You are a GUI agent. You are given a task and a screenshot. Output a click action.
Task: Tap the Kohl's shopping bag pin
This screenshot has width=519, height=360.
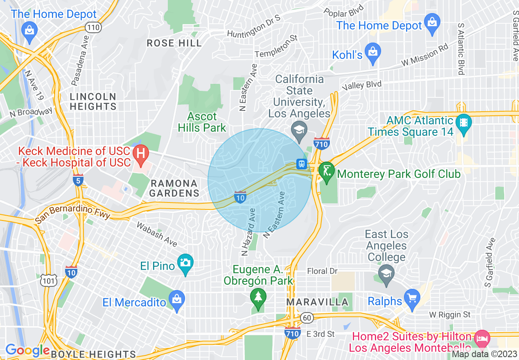point(372,53)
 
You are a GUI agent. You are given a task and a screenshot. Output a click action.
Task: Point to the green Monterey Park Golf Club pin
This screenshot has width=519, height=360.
point(326,171)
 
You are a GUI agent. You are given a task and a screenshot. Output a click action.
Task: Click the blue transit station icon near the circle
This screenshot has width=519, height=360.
point(302,164)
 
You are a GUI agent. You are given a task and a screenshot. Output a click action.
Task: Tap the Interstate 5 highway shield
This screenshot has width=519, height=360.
point(79,180)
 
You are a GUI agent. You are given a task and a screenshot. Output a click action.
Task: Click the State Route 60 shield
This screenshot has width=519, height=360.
point(306,318)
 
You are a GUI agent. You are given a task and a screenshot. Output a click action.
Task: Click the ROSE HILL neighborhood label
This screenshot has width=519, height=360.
point(174,43)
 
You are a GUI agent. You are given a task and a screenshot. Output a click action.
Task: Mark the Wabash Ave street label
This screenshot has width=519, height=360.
point(157,234)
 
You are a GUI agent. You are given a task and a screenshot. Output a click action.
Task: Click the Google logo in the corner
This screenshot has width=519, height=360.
point(27,350)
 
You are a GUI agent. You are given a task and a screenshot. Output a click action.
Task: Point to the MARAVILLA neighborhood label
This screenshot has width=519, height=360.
point(317,302)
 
